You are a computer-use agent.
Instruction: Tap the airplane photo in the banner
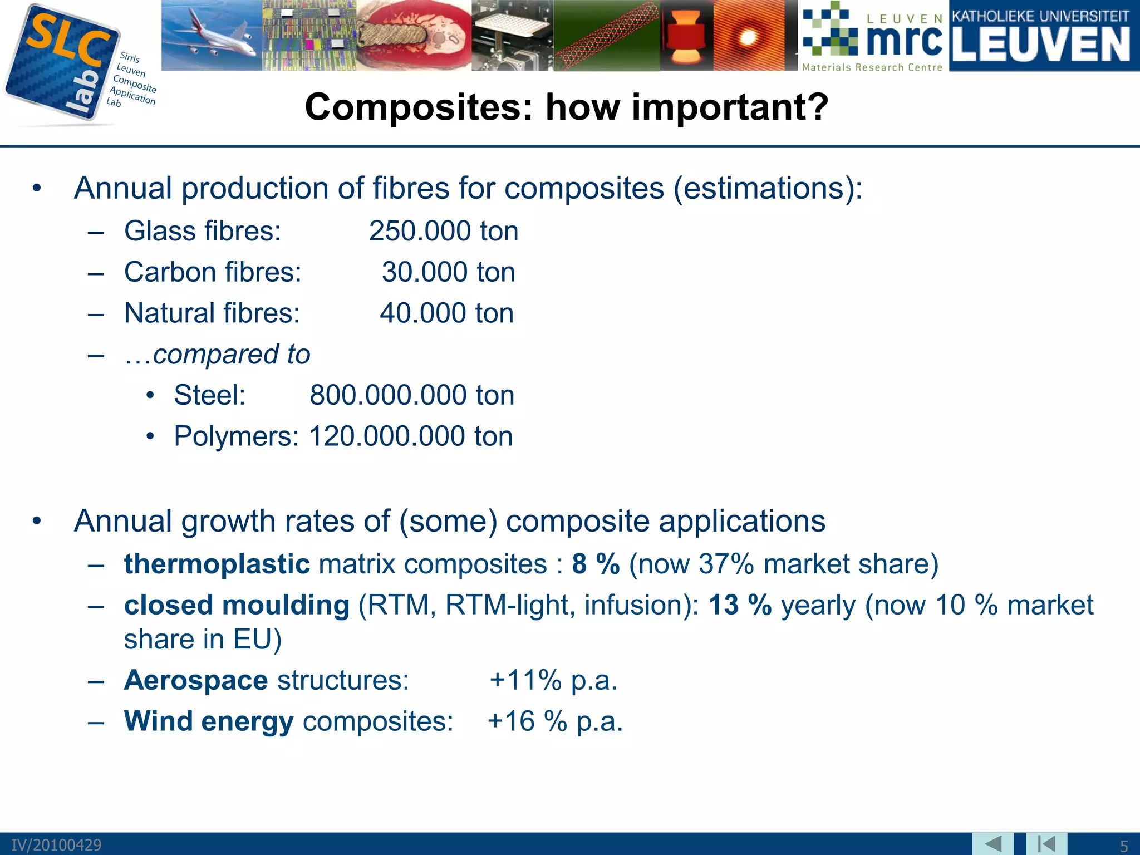212,35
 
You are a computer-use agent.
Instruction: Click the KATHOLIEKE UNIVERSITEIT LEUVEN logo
1044,36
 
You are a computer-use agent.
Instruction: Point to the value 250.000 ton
444,231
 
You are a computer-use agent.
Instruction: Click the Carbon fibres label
213,272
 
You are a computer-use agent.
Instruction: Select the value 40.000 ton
446,313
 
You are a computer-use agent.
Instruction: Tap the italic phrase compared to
231,354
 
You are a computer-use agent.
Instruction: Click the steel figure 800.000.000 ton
412,395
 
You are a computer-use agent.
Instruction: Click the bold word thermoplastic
217,564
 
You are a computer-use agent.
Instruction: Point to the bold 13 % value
740,605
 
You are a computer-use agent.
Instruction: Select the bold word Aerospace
196,680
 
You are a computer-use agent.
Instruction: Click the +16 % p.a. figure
555,721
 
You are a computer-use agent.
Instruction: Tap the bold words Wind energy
209,721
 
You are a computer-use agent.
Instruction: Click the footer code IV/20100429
57,845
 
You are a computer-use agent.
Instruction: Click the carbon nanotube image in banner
607,36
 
